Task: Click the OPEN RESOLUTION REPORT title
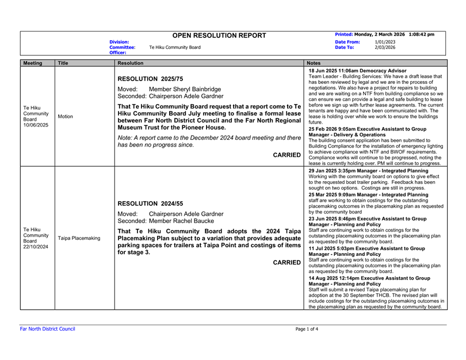click(219, 36)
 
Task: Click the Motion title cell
click(66, 116)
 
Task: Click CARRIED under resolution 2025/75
click(287, 155)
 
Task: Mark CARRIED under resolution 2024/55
click(287, 262)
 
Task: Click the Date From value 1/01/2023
click(385, 42)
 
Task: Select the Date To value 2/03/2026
click(385, 48)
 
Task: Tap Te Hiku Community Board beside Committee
click(174, 47)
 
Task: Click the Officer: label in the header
click(119, 52)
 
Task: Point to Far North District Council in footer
click(48, 329)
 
